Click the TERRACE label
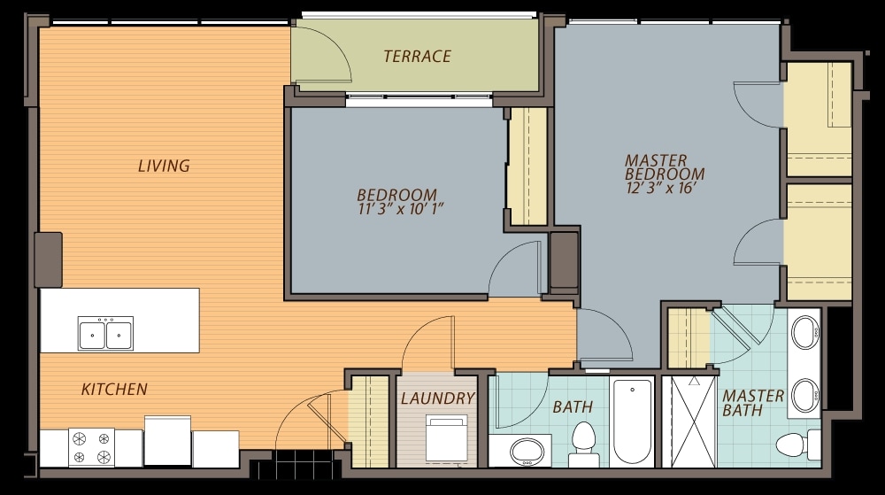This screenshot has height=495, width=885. pos(417,57)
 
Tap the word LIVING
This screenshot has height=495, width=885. pos(164,166)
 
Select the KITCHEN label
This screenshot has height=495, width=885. pos(114,389)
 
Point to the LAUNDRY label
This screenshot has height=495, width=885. pos(437,398)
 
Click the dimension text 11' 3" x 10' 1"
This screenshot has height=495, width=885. pos(401,209)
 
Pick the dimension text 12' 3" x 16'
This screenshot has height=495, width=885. pos(658,188)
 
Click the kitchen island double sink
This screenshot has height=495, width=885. pos(105,333)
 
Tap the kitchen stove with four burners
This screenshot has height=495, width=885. pos(91,447)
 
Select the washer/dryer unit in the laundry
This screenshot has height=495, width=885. pos(446,438)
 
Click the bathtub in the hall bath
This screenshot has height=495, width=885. pos(632,422)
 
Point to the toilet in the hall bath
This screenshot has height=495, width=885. pos(583,444)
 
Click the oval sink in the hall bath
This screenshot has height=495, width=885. pos(527,452)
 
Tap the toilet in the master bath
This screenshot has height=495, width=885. pos(798,445)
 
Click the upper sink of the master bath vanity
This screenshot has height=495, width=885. pos(804,332)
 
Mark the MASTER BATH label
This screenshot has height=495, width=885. pos(753,403)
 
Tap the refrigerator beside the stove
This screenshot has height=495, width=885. pos(167,441)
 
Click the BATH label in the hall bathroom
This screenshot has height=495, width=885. pos(573,407)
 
